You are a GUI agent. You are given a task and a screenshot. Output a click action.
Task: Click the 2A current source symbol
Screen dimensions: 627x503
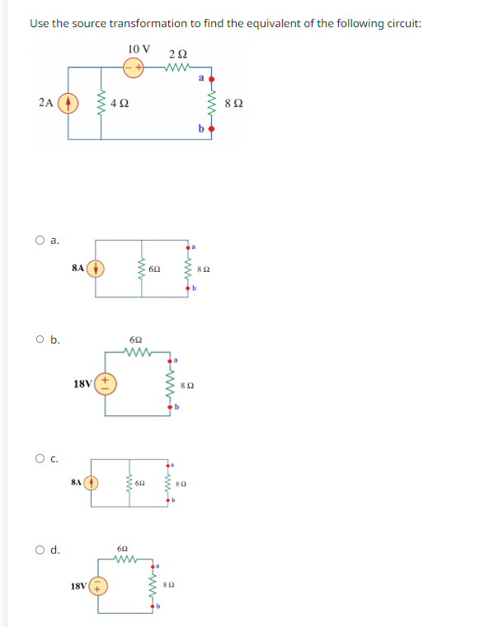point(69,104)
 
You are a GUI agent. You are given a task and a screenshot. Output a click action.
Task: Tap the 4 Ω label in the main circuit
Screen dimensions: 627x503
point(120,105)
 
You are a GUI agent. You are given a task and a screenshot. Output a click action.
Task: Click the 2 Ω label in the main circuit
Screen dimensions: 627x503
point(177,54)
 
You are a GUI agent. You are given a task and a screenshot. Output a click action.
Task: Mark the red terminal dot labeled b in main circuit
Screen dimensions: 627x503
point(212,129)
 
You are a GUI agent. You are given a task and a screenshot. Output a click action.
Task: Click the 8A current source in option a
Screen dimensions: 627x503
point(96,268)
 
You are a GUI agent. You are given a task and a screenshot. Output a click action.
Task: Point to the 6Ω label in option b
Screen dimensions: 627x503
point(137,339)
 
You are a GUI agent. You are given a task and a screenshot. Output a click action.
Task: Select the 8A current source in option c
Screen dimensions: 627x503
point(91,482)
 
